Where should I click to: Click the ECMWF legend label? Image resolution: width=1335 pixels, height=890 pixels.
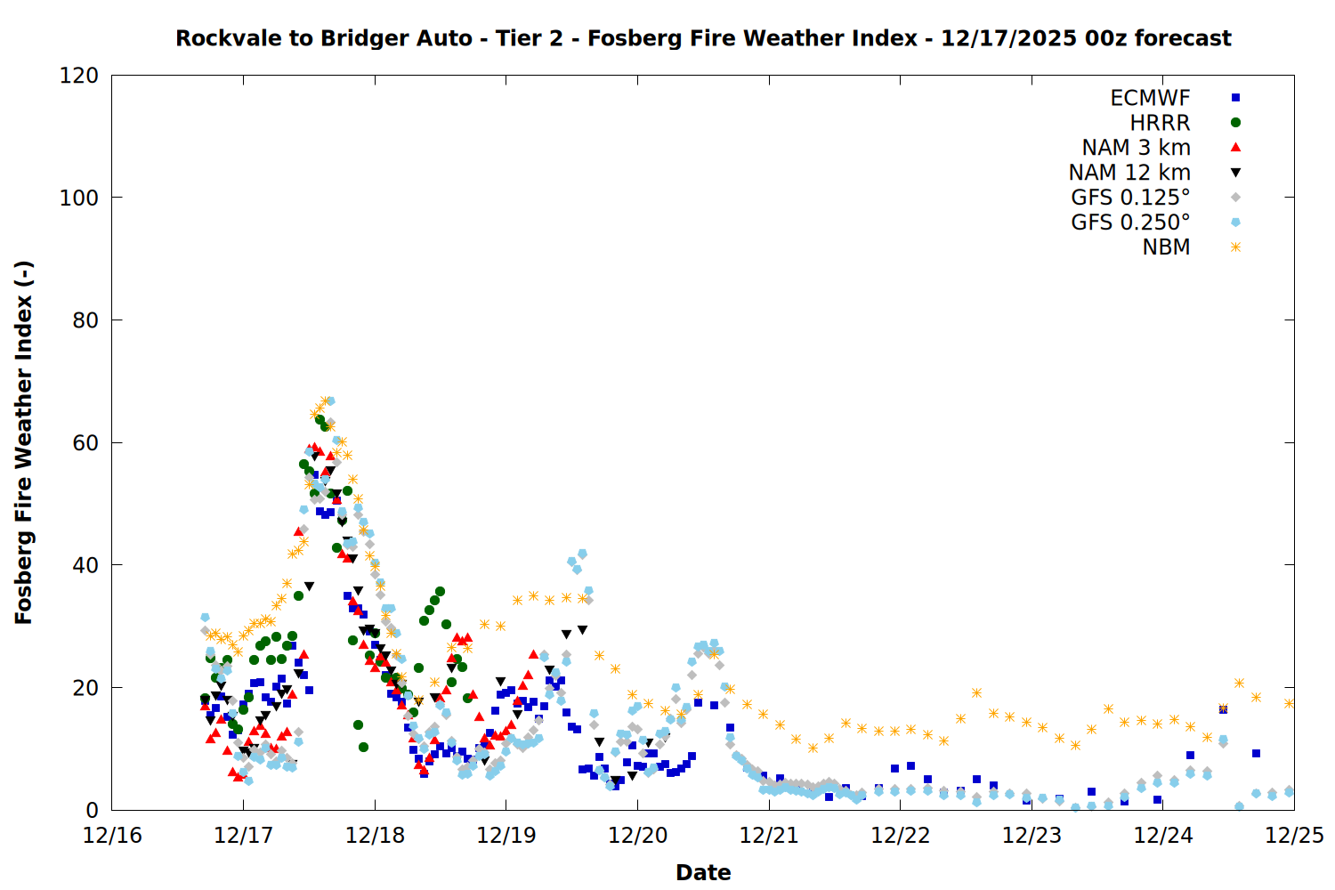pos(1150,98)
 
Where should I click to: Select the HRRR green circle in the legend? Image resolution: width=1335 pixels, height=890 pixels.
pos(1235,123)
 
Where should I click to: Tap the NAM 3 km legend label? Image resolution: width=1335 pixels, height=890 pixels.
pos(1136,148)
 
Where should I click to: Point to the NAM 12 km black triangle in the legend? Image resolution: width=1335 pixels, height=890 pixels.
pos(1235,173)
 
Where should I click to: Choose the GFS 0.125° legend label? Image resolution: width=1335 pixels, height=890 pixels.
pos(1130,198)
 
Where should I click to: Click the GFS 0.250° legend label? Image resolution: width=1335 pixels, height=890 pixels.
pos(1130,222)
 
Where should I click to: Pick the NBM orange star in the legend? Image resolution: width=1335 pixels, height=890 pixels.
pos(1235,247)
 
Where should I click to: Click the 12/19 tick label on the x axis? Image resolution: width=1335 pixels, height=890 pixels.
pos(506,836)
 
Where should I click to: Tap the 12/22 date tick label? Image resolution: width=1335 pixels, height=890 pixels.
pos(900,836)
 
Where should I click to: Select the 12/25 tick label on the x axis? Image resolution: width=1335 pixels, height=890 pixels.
pos(1294,836)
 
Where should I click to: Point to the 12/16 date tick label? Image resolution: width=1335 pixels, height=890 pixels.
pos(112,836)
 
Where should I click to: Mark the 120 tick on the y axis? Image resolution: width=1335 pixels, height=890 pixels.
pos(79,76)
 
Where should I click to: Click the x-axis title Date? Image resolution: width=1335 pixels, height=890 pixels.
pos(703,872)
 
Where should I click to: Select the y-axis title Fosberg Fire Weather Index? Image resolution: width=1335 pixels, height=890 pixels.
pos(23,442)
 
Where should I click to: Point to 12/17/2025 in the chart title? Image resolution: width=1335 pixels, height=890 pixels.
pos(1008,38)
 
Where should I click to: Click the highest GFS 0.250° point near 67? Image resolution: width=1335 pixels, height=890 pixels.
pos(330,401)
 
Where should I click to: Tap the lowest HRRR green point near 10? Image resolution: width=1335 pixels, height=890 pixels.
pos(363,747)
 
